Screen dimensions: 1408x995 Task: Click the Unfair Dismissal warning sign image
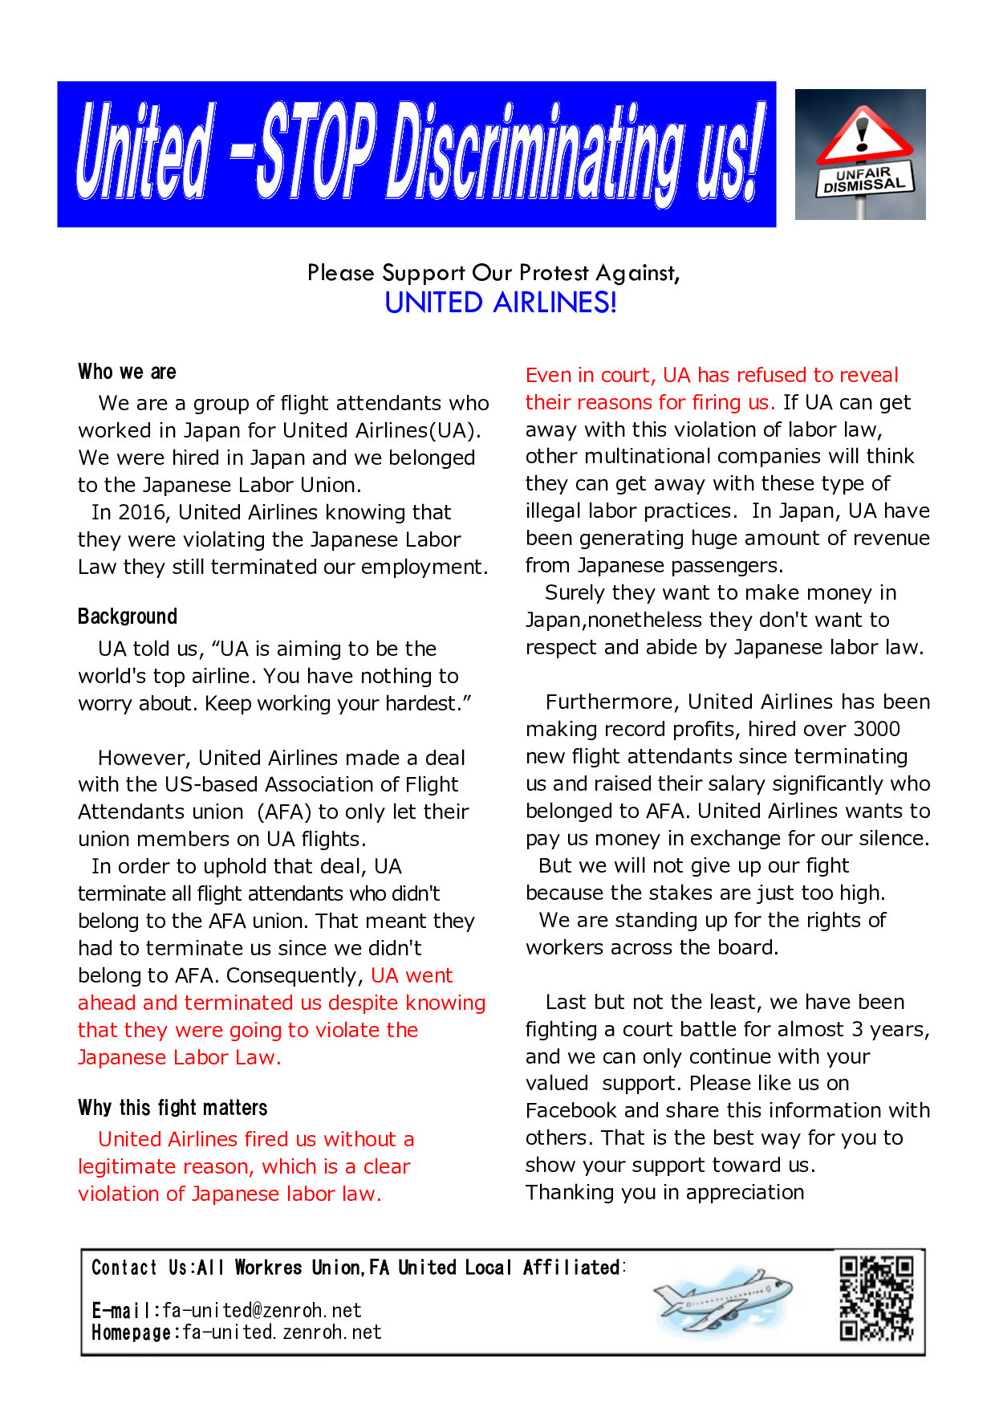(860, 154)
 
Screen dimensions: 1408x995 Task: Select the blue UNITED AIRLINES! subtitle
(501, 303)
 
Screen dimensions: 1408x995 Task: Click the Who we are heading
(127, 372)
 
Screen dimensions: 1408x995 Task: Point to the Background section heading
(128, 617)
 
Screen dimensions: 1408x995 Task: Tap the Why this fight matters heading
(173, 1108)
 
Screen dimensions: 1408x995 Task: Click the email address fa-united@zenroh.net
(262, 1311)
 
